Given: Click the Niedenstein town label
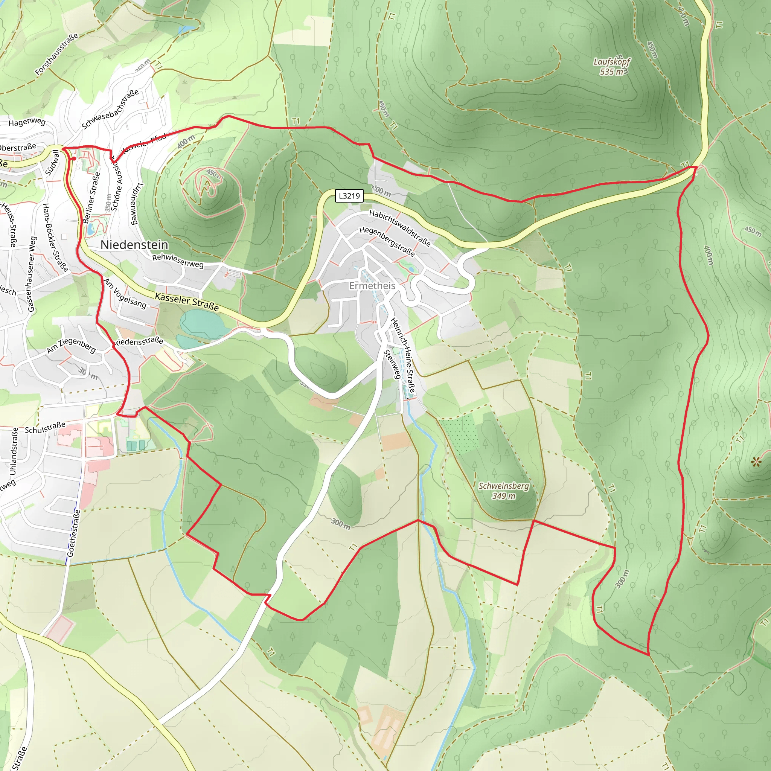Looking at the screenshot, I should point(134,245).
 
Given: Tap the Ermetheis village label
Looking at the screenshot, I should point(372,286).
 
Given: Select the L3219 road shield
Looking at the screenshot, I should point(349,195).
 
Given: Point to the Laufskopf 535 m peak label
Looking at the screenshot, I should point(611,67).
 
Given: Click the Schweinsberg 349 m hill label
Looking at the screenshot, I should point(504,491).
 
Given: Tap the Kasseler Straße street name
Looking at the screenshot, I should point(187,302).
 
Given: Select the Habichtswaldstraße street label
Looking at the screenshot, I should point(400,228).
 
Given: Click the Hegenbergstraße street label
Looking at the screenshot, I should point(387,241).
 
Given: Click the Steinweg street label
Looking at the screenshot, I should point(392,364).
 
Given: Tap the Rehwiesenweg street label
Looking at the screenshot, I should point(178,261).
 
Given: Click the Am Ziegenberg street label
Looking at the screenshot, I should point(72,346).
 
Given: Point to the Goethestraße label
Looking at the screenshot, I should point(74,533).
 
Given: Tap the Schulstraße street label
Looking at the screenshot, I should point(45,427).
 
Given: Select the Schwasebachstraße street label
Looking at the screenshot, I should point(110,109).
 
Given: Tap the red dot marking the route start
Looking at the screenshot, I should point(74,158).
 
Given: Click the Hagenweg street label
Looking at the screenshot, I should point(27,122).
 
